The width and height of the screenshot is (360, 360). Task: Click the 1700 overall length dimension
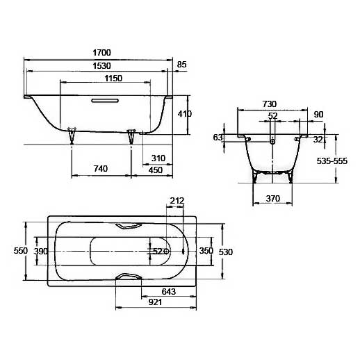point(101,53)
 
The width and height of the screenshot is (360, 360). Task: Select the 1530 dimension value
point(101,66)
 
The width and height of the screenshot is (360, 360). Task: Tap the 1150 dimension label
point(113,79)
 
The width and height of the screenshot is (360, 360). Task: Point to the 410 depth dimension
point(185,114)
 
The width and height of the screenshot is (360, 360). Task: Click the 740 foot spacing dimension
point(101,168)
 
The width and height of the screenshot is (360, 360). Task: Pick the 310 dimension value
point(158,158)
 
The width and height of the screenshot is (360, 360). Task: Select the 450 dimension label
point(156,170)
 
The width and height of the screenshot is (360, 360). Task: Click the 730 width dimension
point(270,104)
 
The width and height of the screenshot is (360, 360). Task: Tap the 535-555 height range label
point(332,161)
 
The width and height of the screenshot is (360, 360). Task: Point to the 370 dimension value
point(273,198)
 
